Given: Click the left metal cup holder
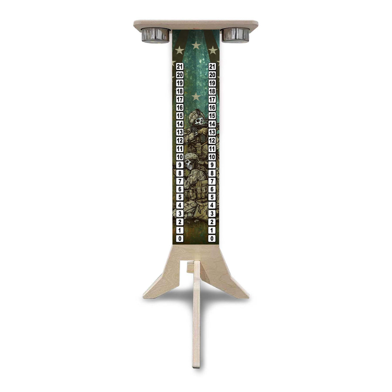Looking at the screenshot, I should [155, 35].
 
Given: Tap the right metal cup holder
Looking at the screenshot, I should [236, 35].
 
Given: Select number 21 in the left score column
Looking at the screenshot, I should [180, 66].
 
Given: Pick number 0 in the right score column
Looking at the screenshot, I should [212, 238].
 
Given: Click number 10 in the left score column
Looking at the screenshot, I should [180, 157].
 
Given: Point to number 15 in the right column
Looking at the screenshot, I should [212, 116].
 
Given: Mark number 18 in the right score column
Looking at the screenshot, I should [212, 91].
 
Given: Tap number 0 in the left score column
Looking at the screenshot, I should [180, 238].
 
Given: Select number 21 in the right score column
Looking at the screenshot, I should [212, 66].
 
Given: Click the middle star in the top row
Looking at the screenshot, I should [196, 45].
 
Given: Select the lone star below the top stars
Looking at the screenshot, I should [196, 97].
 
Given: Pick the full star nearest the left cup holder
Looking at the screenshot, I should [179, 50].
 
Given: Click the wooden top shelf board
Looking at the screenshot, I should [196, 24].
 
